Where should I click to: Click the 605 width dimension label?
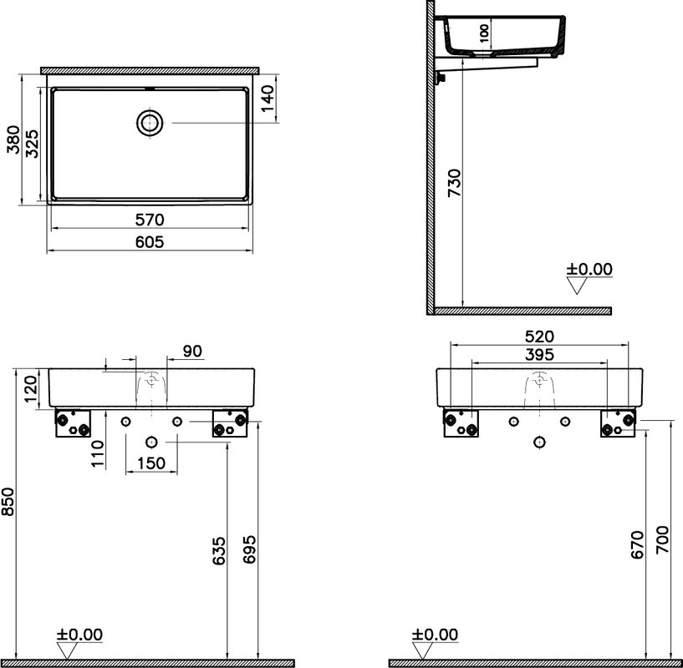point(150,241)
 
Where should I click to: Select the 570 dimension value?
point(150,220)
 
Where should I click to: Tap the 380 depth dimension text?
point(13,139)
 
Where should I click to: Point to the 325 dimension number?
point(32,144)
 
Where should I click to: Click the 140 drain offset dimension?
point(268,99)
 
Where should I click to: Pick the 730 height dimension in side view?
point(454,183)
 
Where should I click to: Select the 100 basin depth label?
point(484,33)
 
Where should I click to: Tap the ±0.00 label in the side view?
point(589,269)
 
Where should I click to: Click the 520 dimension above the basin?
point(539,337)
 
